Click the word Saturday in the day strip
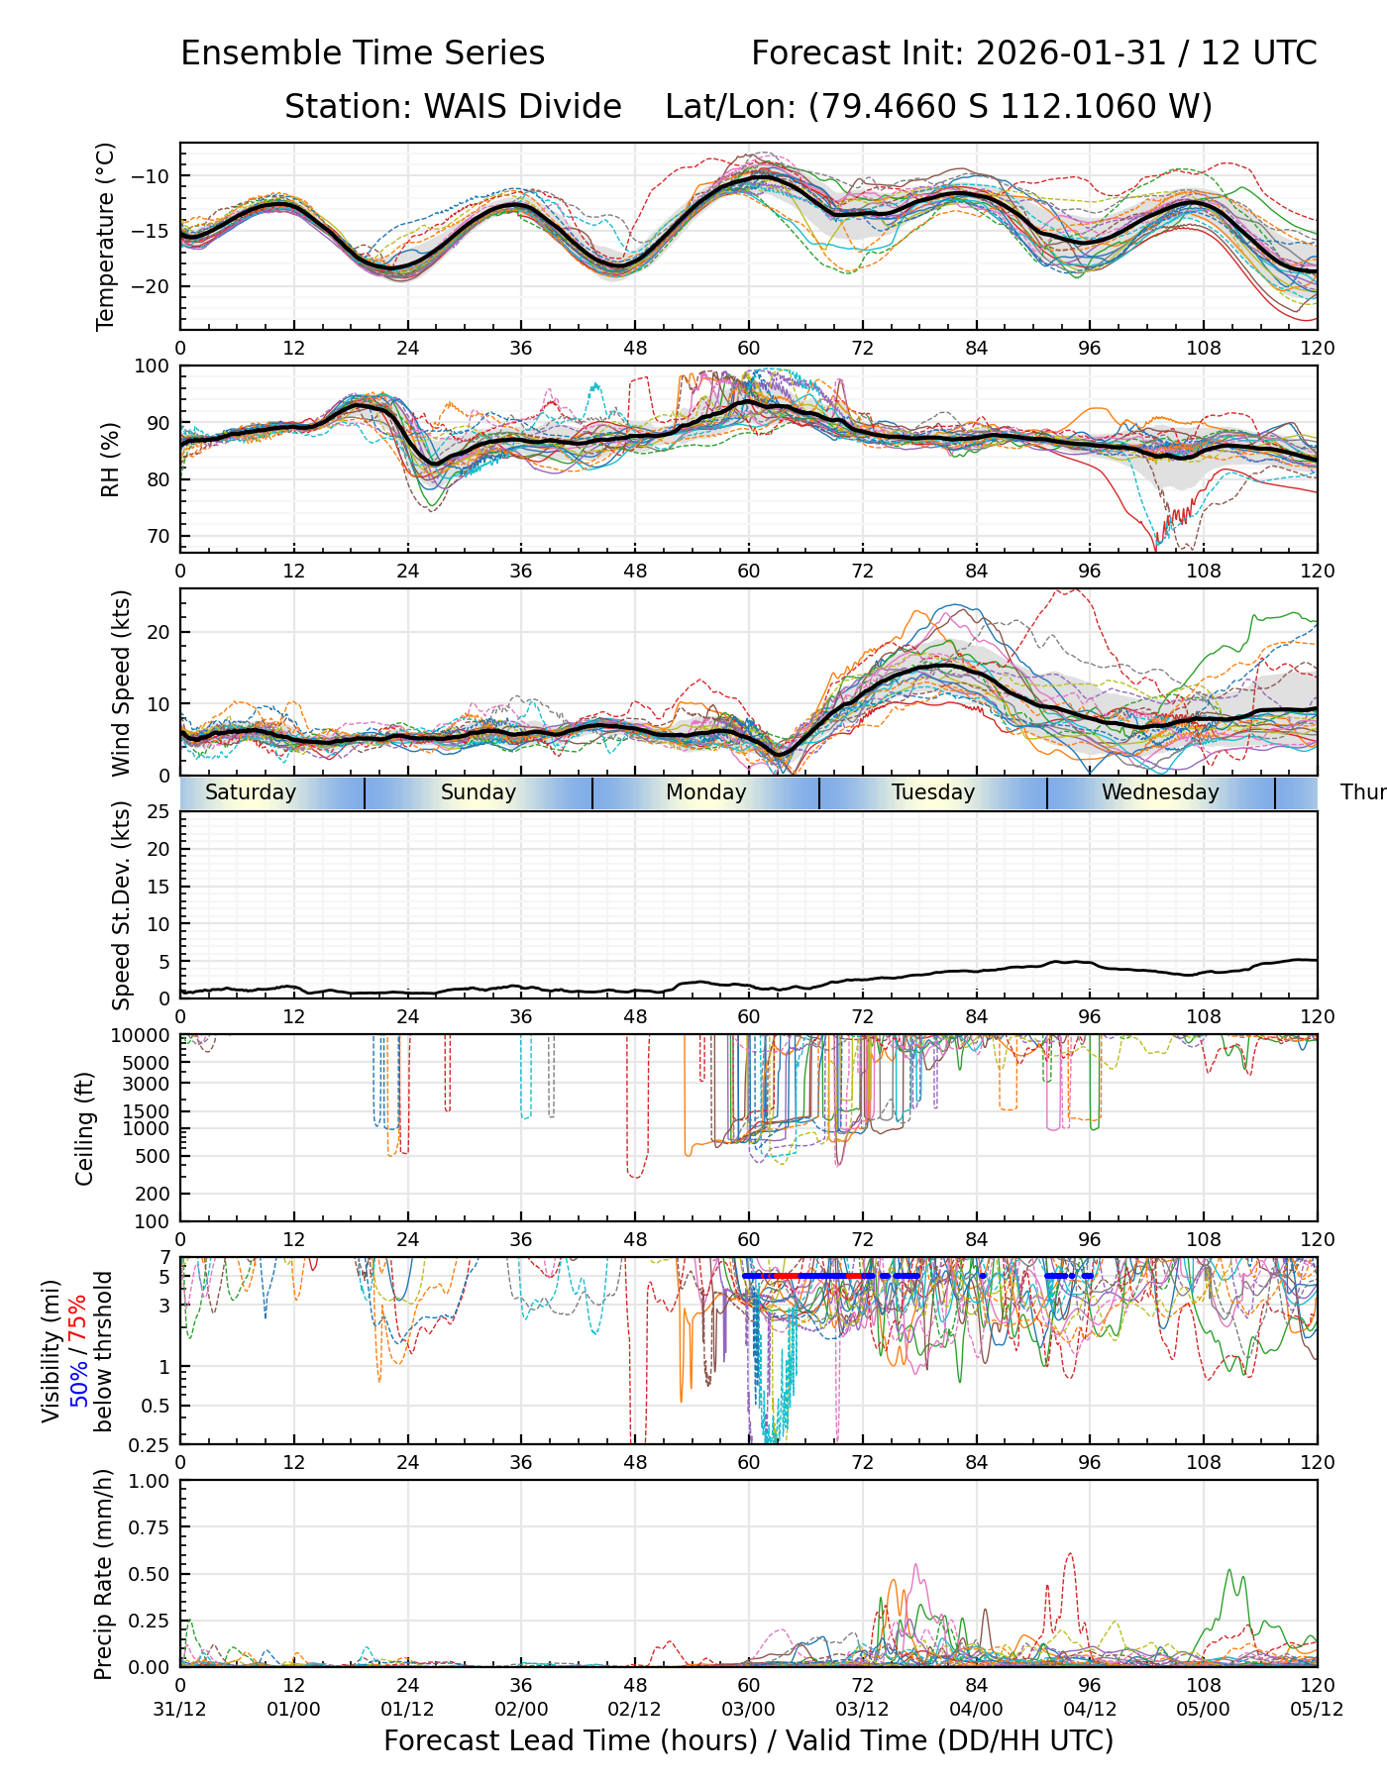(x=251, y=792)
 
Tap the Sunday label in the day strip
(x=479, y=792)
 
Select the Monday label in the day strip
(x=705, y=792)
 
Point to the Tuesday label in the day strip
(x=933, y=792)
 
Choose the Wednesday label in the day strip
(x=1160, y=792)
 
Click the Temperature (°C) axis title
(x=106, y=236)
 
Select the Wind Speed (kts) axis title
(x=121, y=682)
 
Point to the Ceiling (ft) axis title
(x=85, y=1128)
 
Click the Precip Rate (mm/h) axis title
(x=104, y=1574)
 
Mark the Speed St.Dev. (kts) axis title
(x=121, y=905)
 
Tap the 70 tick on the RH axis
(x=159, y=536)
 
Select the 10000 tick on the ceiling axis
(x=145, y=1036)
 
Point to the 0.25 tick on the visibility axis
(x=153, y=1443)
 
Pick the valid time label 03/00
(x=748, y=1709)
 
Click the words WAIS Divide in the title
(x=522, y=106)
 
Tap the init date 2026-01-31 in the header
(x=1070, y=52)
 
